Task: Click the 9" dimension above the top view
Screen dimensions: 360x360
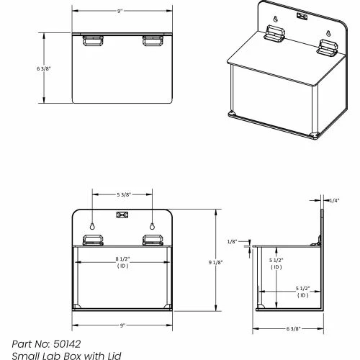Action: tap(120, 12)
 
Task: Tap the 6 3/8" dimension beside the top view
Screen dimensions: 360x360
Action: tap(44, 68)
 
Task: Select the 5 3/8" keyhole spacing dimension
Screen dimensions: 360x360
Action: tap(124, 194)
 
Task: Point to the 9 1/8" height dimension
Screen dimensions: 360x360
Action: tap(215, 262)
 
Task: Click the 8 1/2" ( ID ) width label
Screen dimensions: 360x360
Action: tap(122, 262)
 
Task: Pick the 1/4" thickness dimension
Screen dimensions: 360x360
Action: tap(334, 200)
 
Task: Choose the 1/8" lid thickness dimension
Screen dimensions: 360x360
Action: tap(232, 241)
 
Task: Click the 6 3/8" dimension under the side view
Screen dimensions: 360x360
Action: tap(293, 328)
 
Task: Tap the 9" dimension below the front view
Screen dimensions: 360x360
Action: tap(122, 325)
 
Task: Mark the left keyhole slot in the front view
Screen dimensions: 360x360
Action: tap(92, 226)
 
